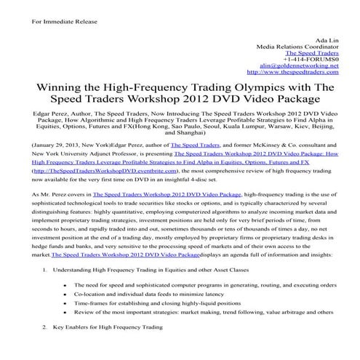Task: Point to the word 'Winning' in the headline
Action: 52,89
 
